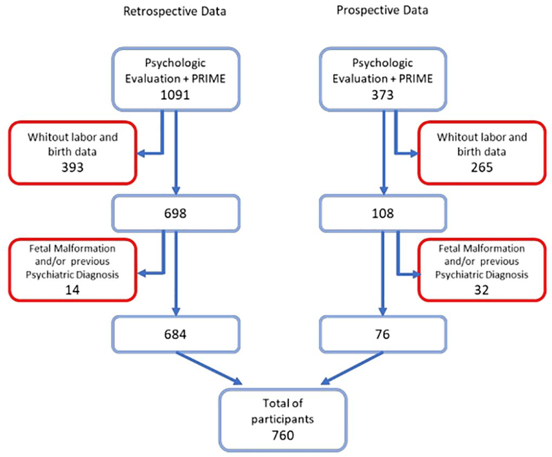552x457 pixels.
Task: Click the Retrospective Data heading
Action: coord(174,12)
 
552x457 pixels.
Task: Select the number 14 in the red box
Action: coord(72,290)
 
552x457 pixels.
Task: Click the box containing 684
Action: coord(174,335)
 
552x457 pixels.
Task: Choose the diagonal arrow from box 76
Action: coord(352,368)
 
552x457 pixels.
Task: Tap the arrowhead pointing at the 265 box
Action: coord(414,153)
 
